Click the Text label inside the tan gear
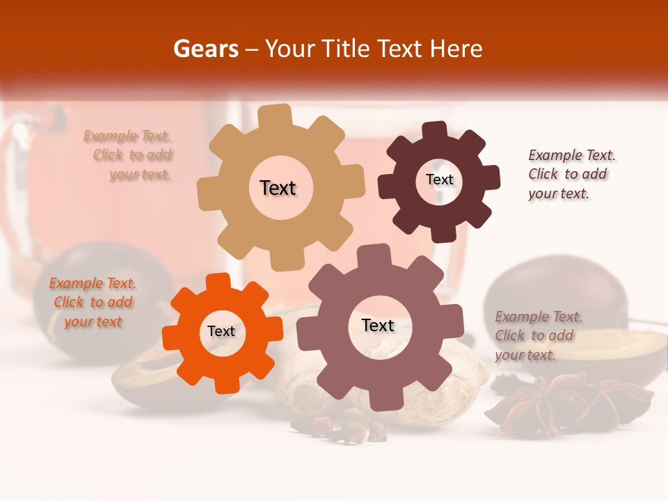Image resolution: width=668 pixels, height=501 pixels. coord(278,188)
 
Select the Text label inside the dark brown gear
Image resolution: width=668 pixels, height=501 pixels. coord(439,180)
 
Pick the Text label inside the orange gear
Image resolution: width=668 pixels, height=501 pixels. coord(221,331)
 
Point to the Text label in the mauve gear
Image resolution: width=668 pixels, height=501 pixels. coord(378,325)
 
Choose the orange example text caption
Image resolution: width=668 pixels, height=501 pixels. coord(93,303)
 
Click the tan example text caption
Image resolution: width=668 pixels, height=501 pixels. coord(128,155)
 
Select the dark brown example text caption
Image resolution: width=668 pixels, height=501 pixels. coord(571,174)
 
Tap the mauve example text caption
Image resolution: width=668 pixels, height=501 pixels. coord(538,335)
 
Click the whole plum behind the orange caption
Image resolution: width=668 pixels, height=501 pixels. coord(70,278)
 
